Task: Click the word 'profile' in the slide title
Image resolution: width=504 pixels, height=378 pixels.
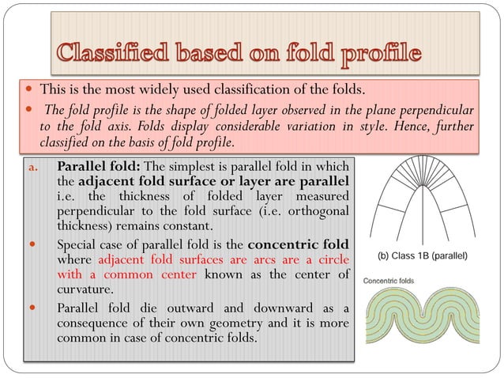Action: pyautogui.click(x=370, y=55)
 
